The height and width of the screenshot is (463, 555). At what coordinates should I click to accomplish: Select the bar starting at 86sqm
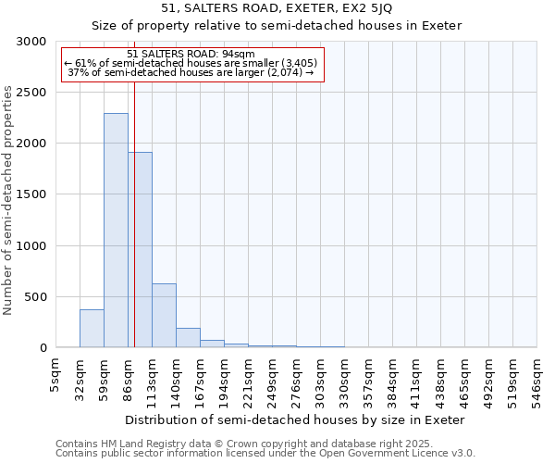tap(141, 250)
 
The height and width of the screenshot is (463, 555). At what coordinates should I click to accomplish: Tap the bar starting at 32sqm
tap(92, 329)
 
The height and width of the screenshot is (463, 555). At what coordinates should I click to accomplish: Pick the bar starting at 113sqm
tap(164, 316)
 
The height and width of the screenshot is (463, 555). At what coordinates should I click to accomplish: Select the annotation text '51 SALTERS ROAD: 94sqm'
tap(191, 55)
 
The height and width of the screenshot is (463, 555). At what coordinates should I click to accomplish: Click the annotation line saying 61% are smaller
tap(191, 63)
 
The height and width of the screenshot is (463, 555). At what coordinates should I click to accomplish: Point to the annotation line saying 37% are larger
tap(191, 72)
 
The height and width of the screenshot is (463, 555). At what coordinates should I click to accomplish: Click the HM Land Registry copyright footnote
tap(238, 444)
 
